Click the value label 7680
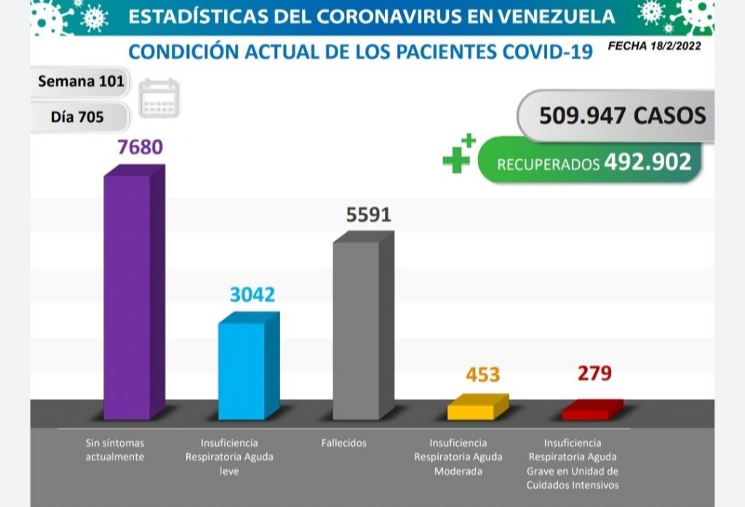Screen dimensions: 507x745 pos(140,148)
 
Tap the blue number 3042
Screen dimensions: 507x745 pos(252,295)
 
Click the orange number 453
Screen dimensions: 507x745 pos(482,375)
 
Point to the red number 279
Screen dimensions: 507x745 pos(594,374)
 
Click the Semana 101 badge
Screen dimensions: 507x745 pos(81,82)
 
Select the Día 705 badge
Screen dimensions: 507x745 pos(77,116)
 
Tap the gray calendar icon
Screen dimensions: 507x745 pos(159,98)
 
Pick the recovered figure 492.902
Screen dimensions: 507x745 pos(647,162)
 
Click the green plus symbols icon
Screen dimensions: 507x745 pos(458,153)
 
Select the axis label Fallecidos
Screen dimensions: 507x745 pos(343,442)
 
